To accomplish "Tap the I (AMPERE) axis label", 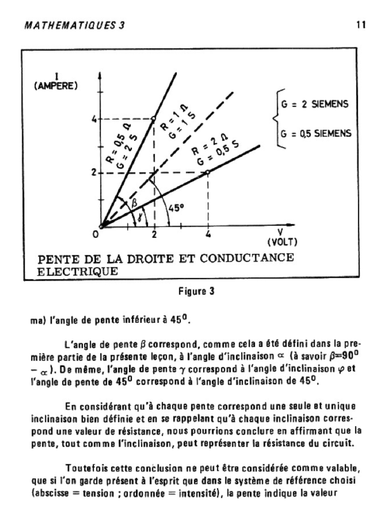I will (x=55, y=82).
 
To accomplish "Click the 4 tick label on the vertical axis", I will (x=93, y=119).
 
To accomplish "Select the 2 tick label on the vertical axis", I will (x=93, y=173).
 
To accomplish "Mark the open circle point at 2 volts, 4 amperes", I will (x=154, y=119).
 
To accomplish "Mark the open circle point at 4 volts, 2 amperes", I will (x=207, y=172).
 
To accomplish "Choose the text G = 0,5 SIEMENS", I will (x=317, y=134).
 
